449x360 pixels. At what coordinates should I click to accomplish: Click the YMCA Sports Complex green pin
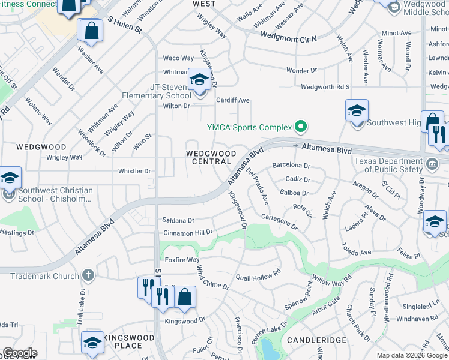coord(301,127)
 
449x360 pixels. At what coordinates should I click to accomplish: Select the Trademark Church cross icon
coord(88,276)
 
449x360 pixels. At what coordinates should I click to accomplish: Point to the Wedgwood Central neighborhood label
coord(211,157)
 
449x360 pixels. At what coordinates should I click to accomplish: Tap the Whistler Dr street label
coord(134,171)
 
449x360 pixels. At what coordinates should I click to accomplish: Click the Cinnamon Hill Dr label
coord(188,232)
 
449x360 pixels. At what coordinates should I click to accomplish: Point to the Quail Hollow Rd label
coord(258,274)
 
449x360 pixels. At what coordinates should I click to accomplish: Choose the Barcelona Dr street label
coord(291,165)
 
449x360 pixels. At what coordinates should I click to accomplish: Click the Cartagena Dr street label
coord(279,221)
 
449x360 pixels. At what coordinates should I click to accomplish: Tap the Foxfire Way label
coord(182,260)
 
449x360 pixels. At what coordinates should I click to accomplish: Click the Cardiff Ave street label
coord(233,100)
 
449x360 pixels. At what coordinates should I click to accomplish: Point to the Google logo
coord(20,353)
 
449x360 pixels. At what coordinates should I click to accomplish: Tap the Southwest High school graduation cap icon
coord(357,111)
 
